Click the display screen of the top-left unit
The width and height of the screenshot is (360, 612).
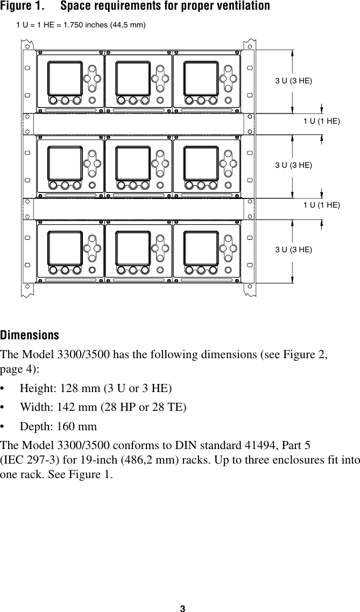tap(65, 79)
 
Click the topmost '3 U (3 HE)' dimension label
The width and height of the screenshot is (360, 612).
tap(293, 81)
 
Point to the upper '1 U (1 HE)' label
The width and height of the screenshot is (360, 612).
tap(322, 122)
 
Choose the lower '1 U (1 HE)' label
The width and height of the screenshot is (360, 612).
tap(322, 205)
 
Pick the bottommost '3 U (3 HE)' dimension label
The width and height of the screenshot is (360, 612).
tap(293, 250)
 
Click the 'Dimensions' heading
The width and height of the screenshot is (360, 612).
tap(30, 336)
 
